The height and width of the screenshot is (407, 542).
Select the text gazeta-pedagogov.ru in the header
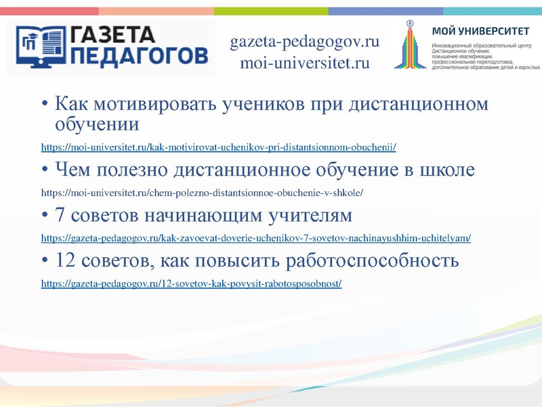tap(304, 42)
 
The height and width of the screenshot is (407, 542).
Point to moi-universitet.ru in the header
tap(304, 64)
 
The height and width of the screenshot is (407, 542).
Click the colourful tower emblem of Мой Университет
tap(411, 44)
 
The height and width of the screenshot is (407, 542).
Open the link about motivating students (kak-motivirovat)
tap(218, 147)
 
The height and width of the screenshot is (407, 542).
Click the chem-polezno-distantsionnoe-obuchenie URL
tap(202, 193)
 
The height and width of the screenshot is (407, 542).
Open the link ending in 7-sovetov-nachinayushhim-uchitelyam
tap(255, 238)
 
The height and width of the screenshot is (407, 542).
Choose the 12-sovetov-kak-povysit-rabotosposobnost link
tap(191, 284)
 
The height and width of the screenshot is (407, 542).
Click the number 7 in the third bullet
tap(60, 216)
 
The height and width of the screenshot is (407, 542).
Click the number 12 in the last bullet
tap(65, 261)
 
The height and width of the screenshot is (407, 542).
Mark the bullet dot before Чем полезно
tap(45, 170)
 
